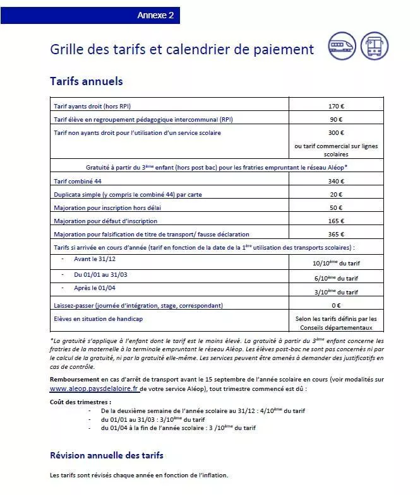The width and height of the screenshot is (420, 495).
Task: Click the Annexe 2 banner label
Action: pos(155,16)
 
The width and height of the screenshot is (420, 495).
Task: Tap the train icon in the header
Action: pos(342,46)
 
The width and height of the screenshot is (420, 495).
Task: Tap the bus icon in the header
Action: pos(375,46)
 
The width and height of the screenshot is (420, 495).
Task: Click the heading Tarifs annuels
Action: pos(86,81)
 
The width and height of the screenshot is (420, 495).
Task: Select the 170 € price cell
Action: pos(336,106)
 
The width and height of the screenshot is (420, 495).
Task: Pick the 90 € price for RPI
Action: pos(336,119)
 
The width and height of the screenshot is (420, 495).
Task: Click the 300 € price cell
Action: pos(336,133)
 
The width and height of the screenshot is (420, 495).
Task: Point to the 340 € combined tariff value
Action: pos(336,182)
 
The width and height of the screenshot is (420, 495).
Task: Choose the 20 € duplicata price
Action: pos(336,195)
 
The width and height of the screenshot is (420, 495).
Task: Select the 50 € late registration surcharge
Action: pos(336,208)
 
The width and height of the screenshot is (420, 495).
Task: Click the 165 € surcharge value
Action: pos(336,221)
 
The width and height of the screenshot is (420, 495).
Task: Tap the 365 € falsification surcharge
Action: pos(336,235)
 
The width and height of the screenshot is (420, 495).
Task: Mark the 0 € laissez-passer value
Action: pos(336,306)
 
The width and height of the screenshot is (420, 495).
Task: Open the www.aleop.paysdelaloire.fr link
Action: pos(93,389)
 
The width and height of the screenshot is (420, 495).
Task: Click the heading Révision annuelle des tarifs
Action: pos(107,455)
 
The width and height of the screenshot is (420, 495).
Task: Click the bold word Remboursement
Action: pos(74,380)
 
